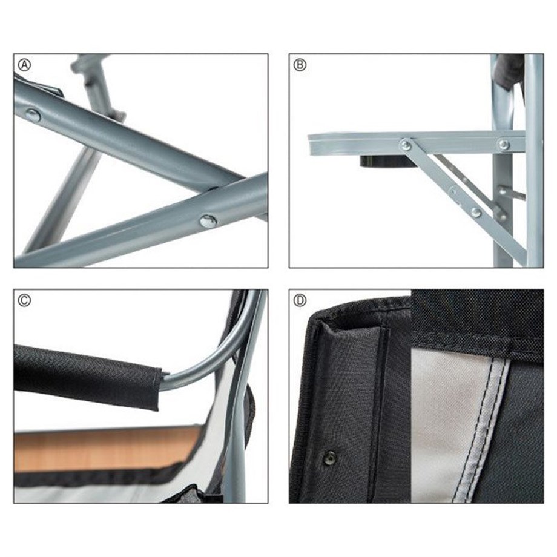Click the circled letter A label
point(24,65)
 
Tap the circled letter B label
point(300,65)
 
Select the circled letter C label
point(24,300)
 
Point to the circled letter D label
point(300,300)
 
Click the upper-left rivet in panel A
point(33,116)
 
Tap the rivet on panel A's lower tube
point(208,221)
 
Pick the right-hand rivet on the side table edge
point(504,144)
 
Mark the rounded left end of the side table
point(311,145)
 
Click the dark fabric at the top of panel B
point(510,71)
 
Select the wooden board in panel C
point(107,449)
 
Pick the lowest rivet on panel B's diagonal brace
point(476,213)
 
